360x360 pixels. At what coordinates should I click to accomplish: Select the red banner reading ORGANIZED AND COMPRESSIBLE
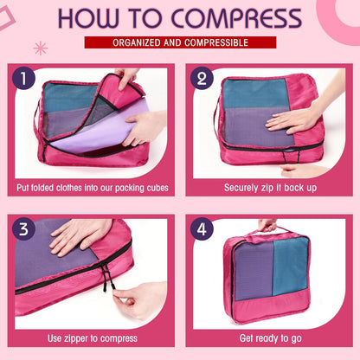(x=180, y=42)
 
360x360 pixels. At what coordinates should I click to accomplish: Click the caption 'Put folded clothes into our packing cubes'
(x=93, y=187)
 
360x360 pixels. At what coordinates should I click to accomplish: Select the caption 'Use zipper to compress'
(x=93, y=337)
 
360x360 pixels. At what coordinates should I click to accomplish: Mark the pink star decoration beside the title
(x=40, y=47)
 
